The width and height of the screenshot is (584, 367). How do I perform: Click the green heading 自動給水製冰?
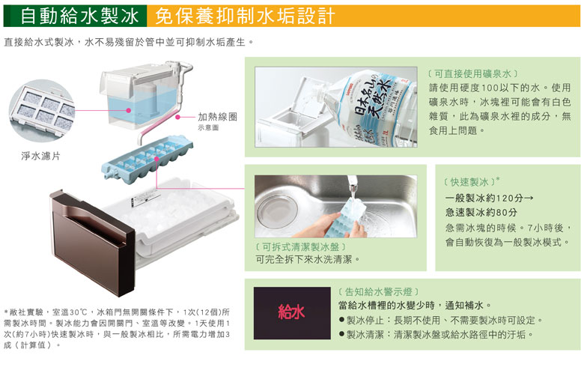click(79, 16)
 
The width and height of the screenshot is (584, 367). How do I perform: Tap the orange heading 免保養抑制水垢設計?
click(245, 16)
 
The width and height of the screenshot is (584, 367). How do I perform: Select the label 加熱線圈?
click(218, 117)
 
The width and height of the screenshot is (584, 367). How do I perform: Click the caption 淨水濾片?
click(40, 156)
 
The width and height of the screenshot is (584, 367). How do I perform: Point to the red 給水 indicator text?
click(292, 312)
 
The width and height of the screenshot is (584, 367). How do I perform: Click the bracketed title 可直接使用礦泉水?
click(472, 73)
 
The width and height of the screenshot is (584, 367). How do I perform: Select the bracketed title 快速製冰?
click(469, 182)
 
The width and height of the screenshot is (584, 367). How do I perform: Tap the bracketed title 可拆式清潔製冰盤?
click(301, 246)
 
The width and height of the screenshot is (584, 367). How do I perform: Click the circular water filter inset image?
click(41, 111)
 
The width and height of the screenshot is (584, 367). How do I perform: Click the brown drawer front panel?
click(91, 243)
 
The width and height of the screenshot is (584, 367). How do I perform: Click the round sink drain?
click(277, 211)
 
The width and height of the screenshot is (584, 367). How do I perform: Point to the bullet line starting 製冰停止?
click(441, 320)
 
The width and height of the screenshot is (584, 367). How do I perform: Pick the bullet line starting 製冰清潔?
click(437, 335)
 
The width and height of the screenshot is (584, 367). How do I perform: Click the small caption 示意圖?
click(208, 128)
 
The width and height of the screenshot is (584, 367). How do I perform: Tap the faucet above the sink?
click(352, 183)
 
